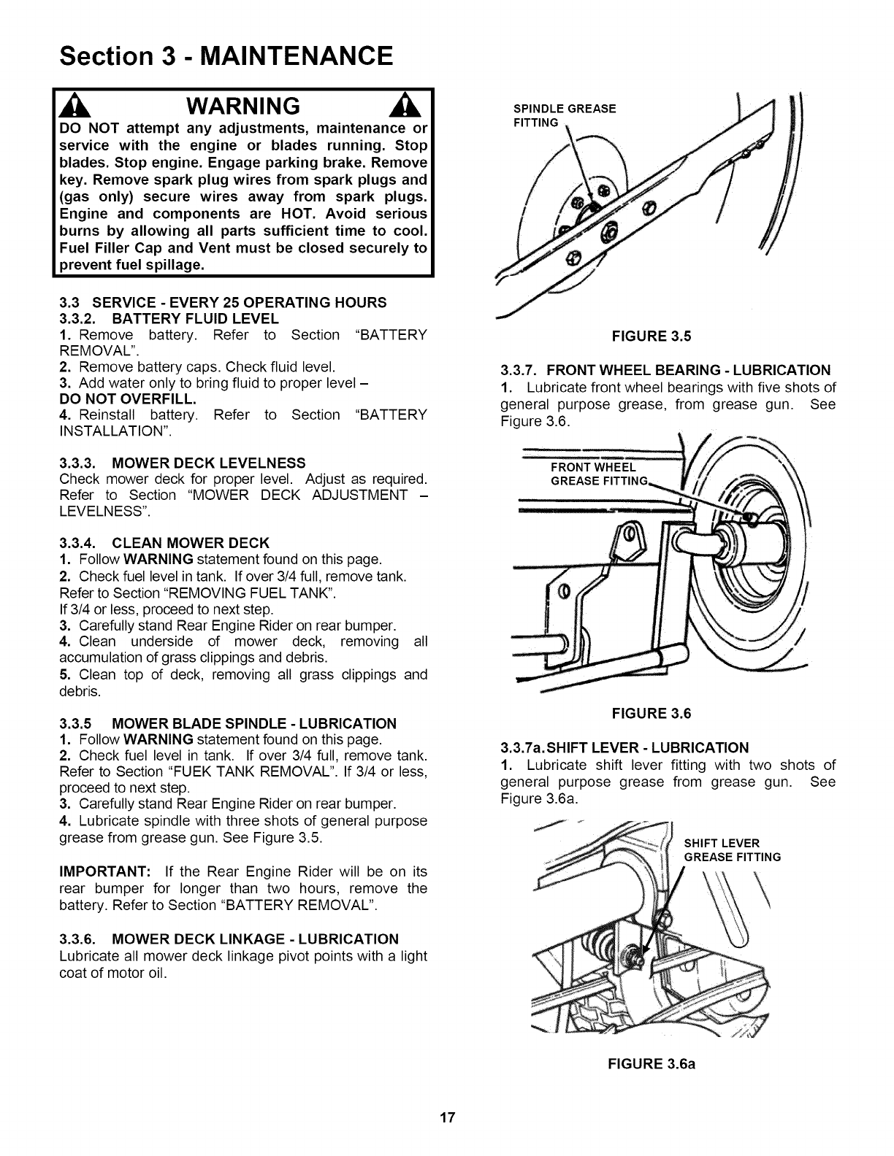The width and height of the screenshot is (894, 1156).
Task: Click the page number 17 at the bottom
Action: click(447, 1117)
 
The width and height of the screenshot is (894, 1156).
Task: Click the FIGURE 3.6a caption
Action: click(652, 1063)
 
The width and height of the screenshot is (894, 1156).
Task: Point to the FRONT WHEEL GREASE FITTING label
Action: click(599, 474)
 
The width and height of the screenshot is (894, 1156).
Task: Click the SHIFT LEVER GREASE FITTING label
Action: click(732, 850)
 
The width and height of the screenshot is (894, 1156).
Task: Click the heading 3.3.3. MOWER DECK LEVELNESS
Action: click(182, 463)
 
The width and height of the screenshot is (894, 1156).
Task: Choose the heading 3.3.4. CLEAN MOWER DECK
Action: click(164, 543)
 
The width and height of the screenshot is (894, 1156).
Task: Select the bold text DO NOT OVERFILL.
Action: click(128, 399)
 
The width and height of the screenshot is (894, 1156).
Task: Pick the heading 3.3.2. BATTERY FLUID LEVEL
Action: click(169, 319)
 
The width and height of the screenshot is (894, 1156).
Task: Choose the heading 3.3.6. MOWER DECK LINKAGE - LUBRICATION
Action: click(229, 939)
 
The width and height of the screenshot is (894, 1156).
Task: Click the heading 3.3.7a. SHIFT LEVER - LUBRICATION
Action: click(624, 747)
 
